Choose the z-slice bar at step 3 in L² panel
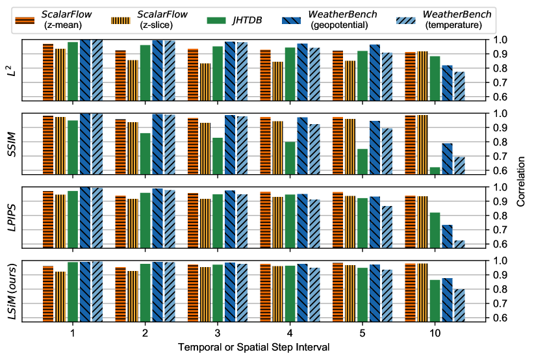pyautogui.click(x=205, y=81)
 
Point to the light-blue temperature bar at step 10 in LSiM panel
pyautogui.click(x=459, y=305)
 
